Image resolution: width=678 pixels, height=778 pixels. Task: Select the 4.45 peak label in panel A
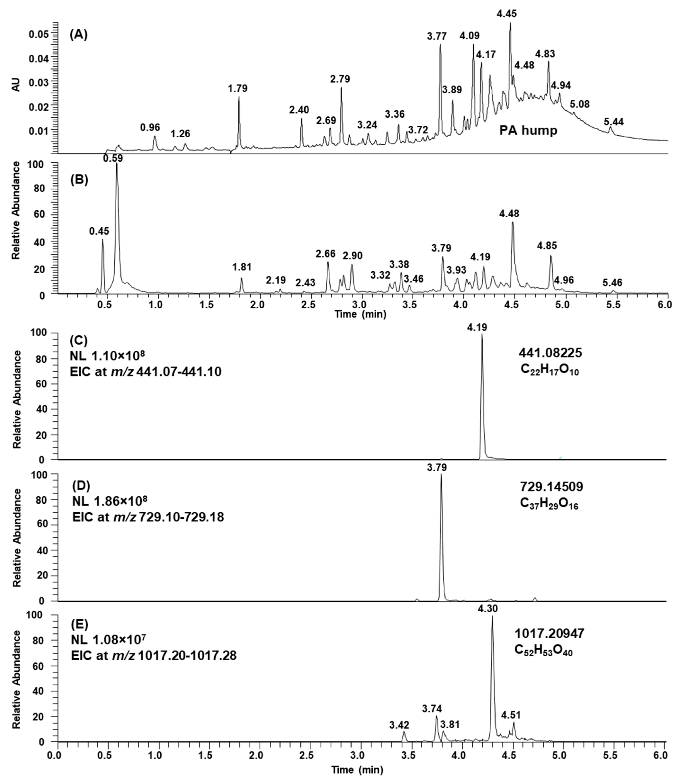(507, 14)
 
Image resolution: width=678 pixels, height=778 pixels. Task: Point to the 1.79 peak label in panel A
(238, 89)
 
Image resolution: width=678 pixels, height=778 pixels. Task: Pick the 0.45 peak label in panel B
(99, 231)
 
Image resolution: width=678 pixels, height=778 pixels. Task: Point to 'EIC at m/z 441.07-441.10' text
(146, 372)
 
